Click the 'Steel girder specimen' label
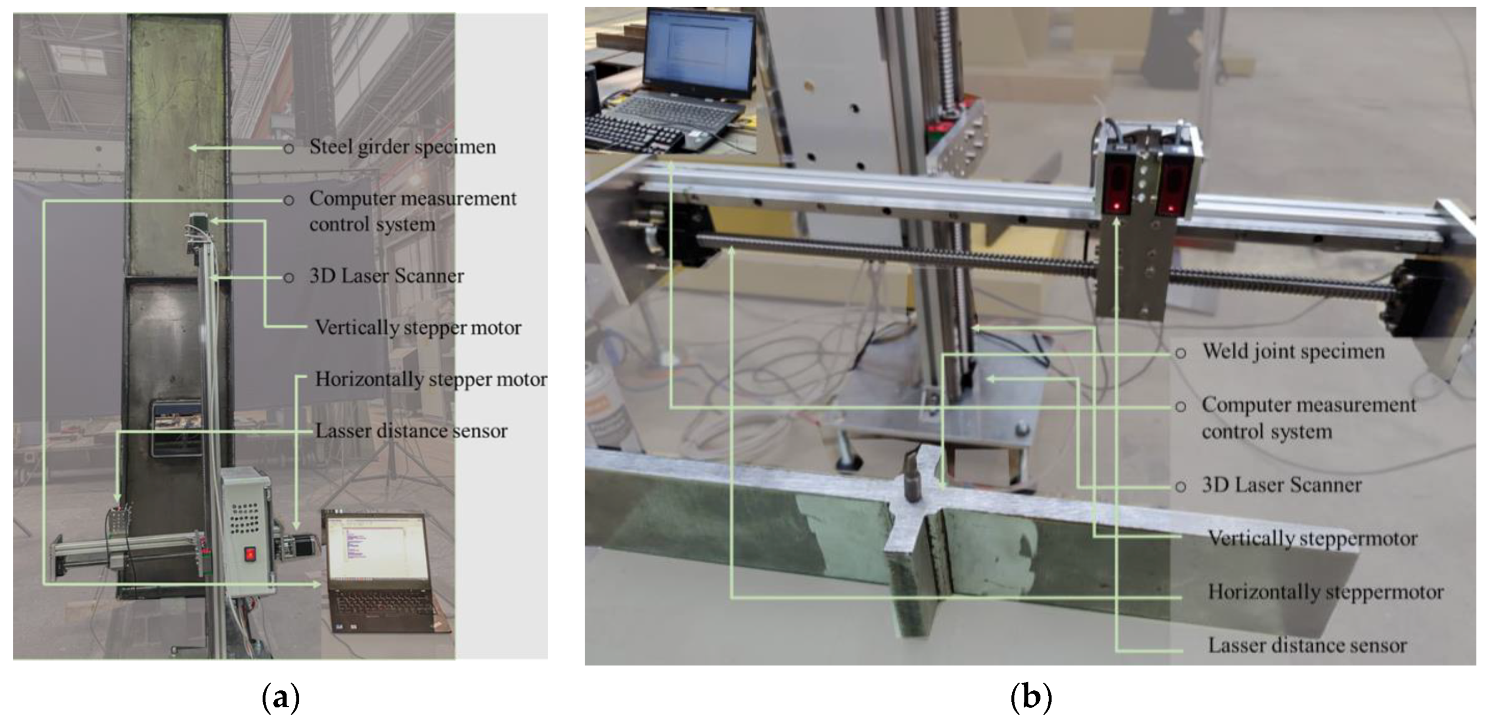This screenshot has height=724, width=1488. click(x=403, y=147)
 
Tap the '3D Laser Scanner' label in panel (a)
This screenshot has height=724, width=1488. click(x=387, y=276)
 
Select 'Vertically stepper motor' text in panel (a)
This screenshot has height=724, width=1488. click(x=418, y=328)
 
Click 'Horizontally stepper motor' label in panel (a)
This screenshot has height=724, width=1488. click(x=431, y=379)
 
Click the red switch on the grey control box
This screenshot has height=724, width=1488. click(x=250, y=554)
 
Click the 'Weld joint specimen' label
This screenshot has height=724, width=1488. click(x=1293, y=351)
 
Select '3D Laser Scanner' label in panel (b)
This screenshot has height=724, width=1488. click(x=1282, y=485)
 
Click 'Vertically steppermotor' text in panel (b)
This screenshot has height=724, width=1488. click(x=1313, y=539)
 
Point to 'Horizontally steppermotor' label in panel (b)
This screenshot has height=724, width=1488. click(x=1326, y=592)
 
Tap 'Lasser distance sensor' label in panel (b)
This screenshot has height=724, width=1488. click(x=1307, y=646)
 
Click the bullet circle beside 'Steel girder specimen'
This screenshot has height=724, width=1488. click(x=288, y=149)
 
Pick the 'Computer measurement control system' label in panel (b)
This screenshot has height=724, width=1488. click(x=1308, y=418)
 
